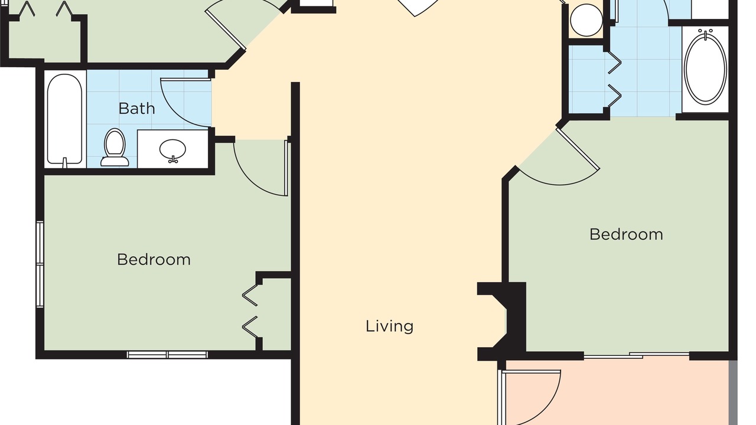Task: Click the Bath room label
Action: coord(136,109)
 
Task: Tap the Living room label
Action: coord(389,326)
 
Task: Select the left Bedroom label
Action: coord(154,260)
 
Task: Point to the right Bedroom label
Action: coord(626,234)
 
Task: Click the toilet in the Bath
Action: coord(115,148)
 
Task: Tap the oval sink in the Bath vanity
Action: coord(172,150)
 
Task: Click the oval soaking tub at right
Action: coord(705,67)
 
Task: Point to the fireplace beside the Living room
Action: coord(502,322)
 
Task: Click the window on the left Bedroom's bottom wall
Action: coord(167,355)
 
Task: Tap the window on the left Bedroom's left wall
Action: coord(40,264)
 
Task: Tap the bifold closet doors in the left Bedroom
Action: coord(250,311)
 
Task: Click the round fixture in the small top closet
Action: coord(586,20)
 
